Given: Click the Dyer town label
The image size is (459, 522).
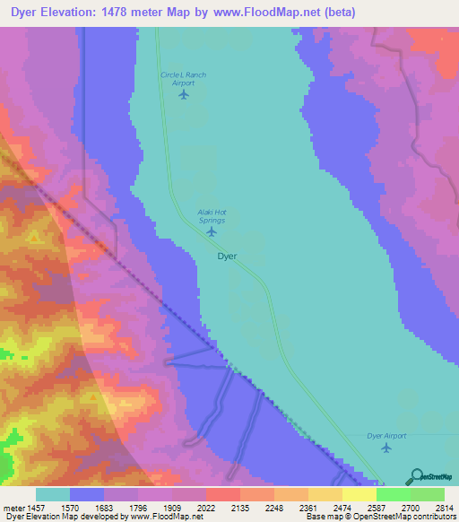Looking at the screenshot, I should tap(228, 256).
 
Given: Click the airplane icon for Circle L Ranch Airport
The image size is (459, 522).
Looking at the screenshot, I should tap(185, 94).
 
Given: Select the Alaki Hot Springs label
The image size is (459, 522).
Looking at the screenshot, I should tap(212, 216).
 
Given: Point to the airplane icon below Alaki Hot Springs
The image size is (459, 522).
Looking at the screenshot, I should tap(212, 231).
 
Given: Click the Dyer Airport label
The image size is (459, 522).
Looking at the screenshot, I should tap(386, 436).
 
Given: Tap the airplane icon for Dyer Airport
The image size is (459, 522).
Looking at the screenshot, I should tap(386, 448).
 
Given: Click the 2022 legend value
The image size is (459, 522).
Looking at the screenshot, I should tap(205, 509).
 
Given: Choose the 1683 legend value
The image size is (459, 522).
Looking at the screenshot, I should tap(103, 509).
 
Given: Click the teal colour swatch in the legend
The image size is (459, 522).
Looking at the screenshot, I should tap(53, 494).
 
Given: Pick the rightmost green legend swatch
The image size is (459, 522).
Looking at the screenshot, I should tap(427, 494).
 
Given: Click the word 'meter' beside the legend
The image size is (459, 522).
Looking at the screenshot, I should tap(10, 509).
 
